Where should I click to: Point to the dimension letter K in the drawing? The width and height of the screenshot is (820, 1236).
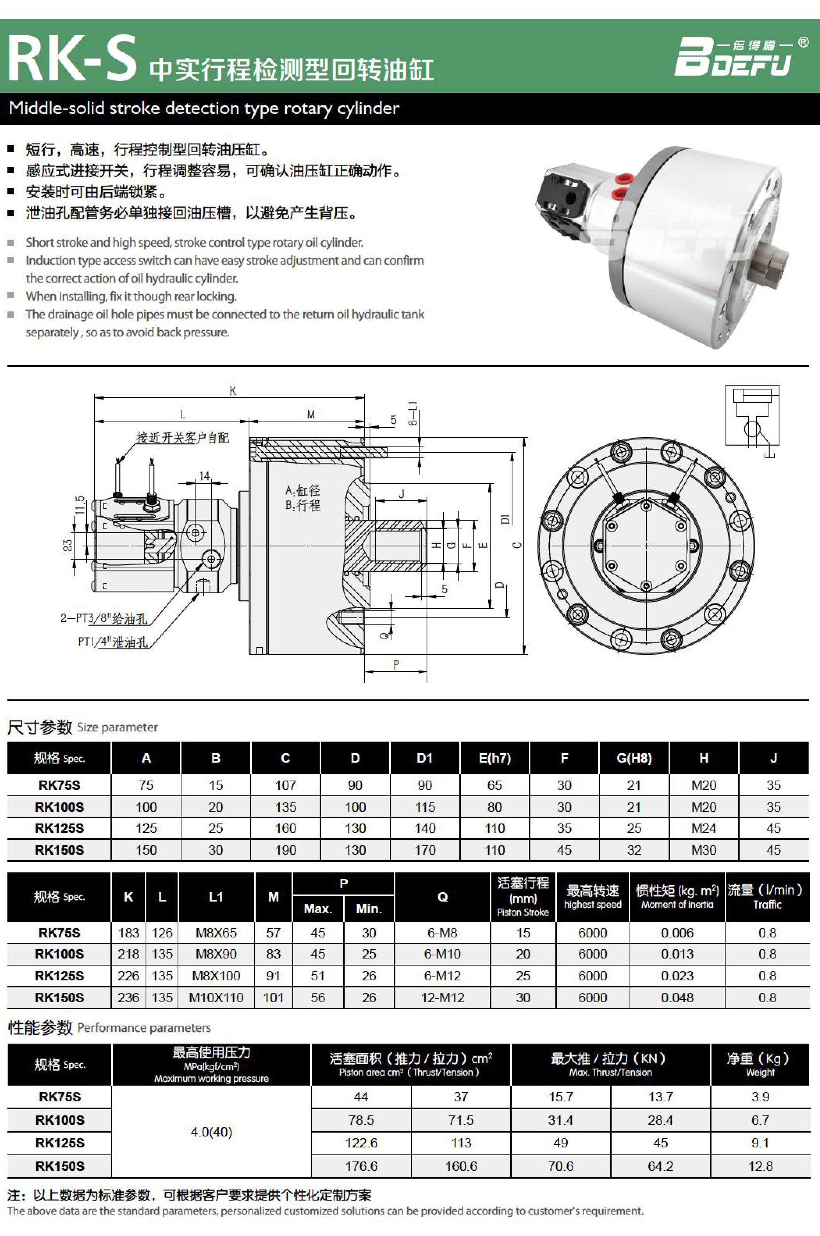tap(233, 391)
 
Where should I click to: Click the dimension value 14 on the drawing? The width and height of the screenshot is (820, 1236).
tap(205, 476)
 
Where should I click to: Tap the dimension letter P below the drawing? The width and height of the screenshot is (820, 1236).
tap(396, 665)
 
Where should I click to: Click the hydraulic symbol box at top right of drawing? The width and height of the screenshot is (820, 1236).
tap(752, 416)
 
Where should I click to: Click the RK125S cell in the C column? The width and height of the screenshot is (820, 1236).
tap(286, 828)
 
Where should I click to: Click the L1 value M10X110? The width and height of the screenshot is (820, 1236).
tap(216, 998)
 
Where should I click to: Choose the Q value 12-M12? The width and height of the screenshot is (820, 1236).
tap(443, 998)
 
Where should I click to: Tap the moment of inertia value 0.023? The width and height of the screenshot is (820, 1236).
tap(677, 976)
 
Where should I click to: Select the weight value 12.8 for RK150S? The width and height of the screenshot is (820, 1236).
tap(760, 1166)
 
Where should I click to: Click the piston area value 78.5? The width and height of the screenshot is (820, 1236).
tap(361, 1120)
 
